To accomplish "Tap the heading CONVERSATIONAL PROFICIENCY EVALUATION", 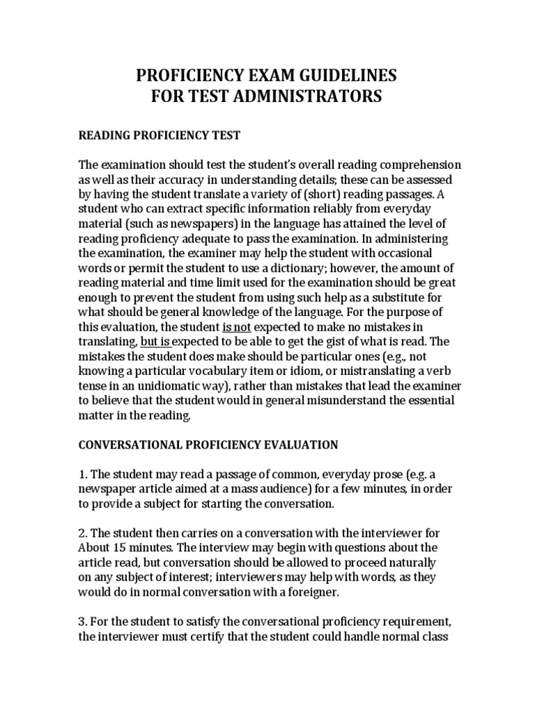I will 208,444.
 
